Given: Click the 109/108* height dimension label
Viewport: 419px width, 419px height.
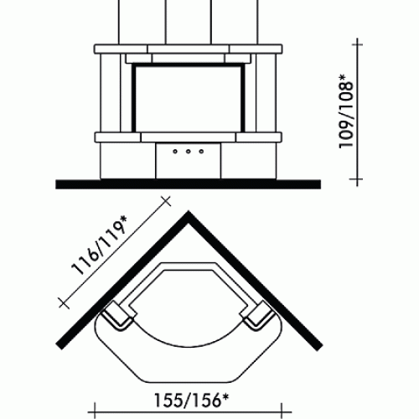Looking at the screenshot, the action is tap(346, 111).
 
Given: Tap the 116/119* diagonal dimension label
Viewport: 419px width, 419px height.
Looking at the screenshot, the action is tap(99, 246).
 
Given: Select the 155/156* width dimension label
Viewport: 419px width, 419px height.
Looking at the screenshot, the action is tap(191, 400).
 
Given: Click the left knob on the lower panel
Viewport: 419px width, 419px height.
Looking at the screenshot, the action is tap(175, 152).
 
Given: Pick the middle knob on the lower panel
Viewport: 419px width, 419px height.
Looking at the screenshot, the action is tap(189, 152).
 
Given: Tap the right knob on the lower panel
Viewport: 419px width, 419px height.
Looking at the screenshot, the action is tap(201, 152).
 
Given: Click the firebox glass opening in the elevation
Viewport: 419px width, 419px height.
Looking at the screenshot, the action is tap(189, 98).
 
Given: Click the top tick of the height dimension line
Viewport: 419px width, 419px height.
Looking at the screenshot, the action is tap(357, 44).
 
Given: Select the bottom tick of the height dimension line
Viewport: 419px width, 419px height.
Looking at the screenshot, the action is tap(357, 178).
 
